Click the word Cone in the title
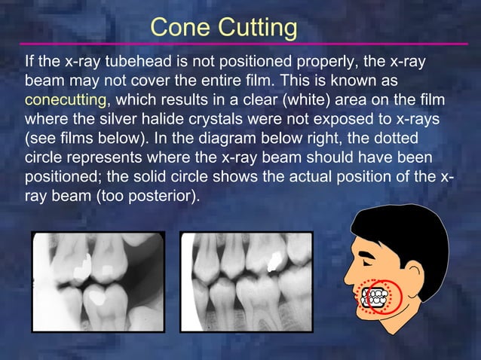pyautogui.click(x=179, y=28)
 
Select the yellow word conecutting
pyautogui.click(x=69, y=99)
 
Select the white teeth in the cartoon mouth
pyautogui.click(x=375, y=295)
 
